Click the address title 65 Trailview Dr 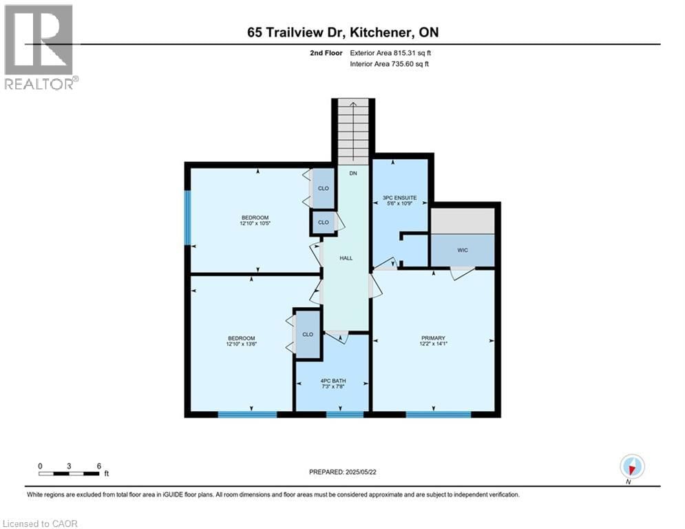point(342,32)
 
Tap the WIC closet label point(463,250)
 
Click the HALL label point(346,258)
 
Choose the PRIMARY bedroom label point(434,338)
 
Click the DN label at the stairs point(353,174)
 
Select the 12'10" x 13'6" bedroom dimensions point(242,344)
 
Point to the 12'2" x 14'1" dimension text point(434,344)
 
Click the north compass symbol point(631,467)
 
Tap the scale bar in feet point(70,473)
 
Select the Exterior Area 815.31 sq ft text point(391,52)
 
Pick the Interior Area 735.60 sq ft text point(390,64)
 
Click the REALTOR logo point(39,47)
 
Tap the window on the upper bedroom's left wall point(187,218)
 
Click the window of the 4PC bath point(344,414)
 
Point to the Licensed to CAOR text point(40,523)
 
